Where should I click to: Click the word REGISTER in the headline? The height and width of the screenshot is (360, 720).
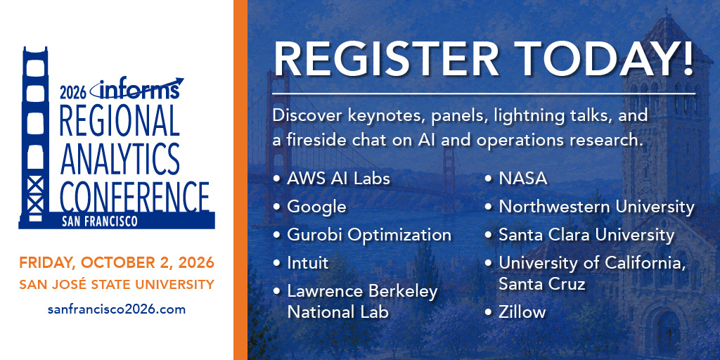pyautogui.click(x=387, y=60)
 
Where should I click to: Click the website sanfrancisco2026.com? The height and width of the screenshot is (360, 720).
pyautogui.click(x=117, y=309)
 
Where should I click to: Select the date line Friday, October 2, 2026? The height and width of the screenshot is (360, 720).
pyautogui.click(x=117, y=263)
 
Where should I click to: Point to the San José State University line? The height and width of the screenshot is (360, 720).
pyautogui.click(x=117, y=285)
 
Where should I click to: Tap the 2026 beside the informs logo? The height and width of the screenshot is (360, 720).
pyautogui.click(x=73, y=93)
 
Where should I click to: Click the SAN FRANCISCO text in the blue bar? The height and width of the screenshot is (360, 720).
pyautogui.click(x=100, y=221)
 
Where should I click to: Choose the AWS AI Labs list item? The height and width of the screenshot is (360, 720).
pyautogui.click(x=338, y=179)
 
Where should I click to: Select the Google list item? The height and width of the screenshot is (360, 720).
pyautogui.click(x=316, y=207)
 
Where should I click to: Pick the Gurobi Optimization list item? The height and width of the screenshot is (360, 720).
pyautogui.click(x=369, y=235)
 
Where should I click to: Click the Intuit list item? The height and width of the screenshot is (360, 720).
pyautogui.click(x=308, y=263)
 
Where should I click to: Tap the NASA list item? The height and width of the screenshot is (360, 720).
pyautogui.click(x=523, y=179)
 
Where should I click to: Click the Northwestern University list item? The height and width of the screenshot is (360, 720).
pyautogui.click(x=596, y=207)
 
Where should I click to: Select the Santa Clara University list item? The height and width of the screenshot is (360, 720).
pyautogui.click(x=586, y=235)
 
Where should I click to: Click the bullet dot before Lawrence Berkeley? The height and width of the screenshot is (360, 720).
pyautogui.click(x=276, y=292)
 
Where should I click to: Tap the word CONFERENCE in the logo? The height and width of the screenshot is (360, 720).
pyautogui.click(x=134, y=196)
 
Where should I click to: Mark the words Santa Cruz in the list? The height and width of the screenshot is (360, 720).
pyautogui.click(x=542, y=284)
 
